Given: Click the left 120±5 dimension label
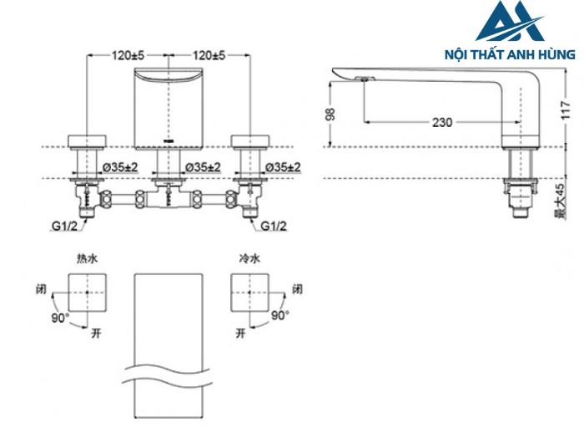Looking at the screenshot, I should click(128, 55).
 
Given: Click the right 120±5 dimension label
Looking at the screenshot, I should click(209, 55).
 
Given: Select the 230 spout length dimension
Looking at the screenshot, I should click(442, 123).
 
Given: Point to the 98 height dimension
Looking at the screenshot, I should click(330, 113).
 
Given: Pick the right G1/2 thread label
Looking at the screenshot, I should click(274, 226).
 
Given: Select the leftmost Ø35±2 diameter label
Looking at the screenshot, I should click(119, 167).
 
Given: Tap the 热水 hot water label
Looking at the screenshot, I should click(87, 260).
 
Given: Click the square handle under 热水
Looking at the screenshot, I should click(87, 293).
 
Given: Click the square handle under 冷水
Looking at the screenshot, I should click(250, 293).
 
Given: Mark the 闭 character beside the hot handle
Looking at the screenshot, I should click(41, 290).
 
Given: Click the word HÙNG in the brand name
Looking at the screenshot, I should click(556, 54).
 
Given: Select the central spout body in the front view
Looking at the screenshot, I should click(169, 106).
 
